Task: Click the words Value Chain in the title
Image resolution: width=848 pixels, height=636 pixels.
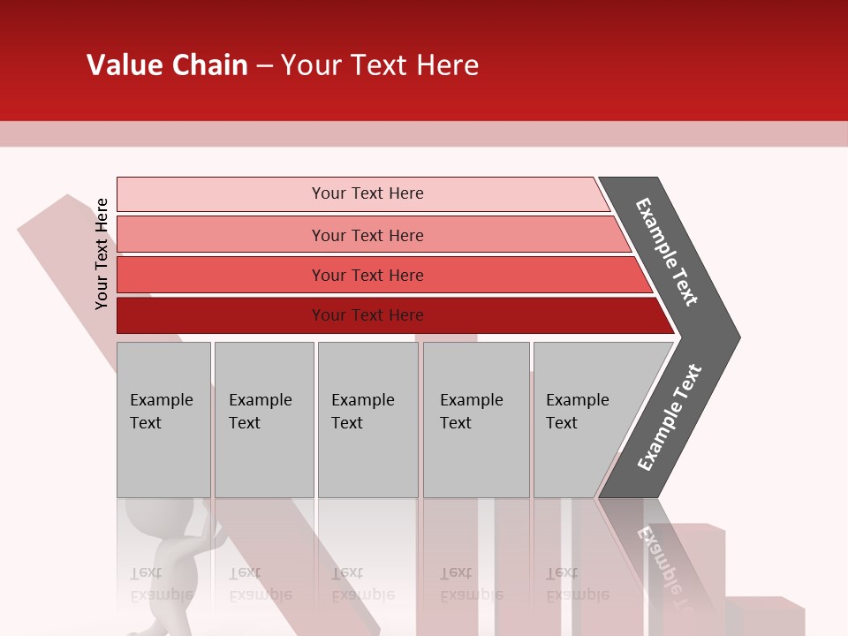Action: point(167,65)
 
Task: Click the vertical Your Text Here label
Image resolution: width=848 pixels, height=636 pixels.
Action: point(102,254)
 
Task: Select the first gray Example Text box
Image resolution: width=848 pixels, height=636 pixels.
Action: point(163,420)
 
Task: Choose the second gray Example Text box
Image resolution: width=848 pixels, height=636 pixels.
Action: point(263,420)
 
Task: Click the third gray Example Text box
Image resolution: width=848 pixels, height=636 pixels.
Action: point(367,420)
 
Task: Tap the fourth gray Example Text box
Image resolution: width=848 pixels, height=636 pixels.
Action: point(476,420)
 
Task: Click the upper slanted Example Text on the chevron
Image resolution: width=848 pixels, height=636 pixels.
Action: point(667,252)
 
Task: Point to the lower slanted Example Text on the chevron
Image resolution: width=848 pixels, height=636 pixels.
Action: point(670,418)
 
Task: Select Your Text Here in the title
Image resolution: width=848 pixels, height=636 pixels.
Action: point(379,65)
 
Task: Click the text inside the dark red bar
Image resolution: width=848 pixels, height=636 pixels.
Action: point(367,315)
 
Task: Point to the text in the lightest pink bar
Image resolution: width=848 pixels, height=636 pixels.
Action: point(367,193)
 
